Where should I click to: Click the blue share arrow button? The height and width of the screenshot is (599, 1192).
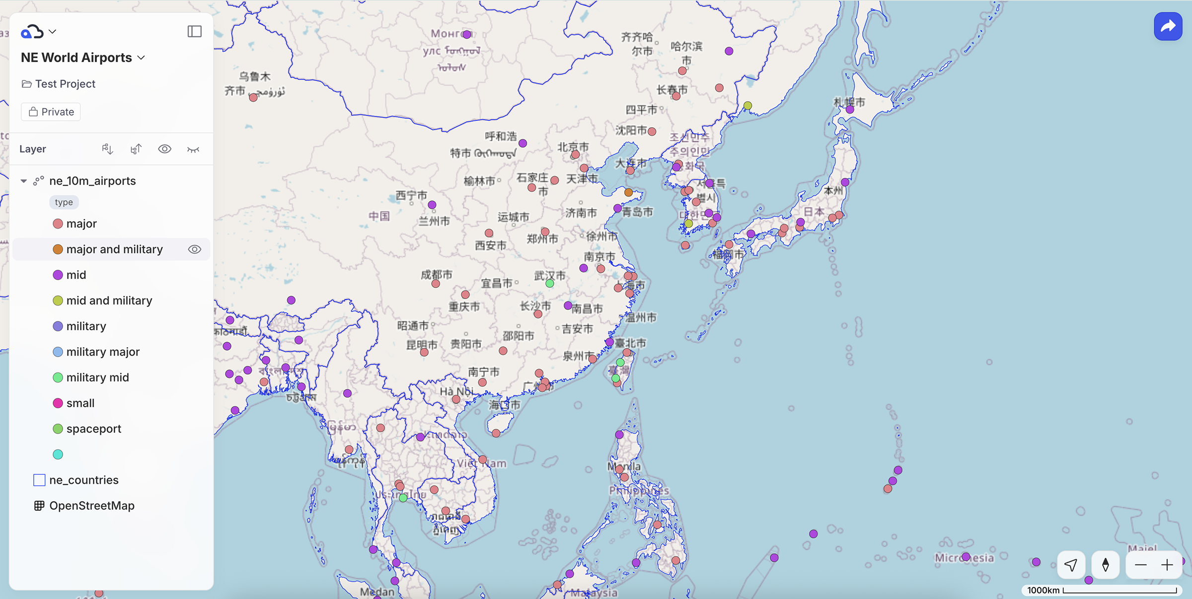(1168, 26)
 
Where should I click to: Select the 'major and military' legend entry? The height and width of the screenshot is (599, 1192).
(114, 249)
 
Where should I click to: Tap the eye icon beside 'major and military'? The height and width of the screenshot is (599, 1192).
(195, 249)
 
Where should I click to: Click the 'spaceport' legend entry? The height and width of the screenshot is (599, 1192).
(93, 429)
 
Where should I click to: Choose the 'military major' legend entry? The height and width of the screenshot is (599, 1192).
(103, 352)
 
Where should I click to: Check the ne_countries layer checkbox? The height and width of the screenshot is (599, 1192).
(39, 480)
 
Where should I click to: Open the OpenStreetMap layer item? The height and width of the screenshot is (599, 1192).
(92, 506)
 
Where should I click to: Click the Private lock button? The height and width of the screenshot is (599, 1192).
(51, 112)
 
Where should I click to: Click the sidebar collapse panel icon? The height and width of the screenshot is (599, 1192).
(194, 31)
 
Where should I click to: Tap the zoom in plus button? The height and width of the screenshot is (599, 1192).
(1167, 565)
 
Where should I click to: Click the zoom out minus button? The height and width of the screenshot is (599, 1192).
(1141, 565)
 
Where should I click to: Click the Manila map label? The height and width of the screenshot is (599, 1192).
(624, 466)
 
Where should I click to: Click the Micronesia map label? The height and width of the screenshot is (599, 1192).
(964, 558)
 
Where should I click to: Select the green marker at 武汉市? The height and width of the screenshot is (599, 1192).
(550, 283)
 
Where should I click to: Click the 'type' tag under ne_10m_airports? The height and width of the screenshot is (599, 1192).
(64, 202)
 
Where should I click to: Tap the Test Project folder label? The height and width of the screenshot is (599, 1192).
(65, 84)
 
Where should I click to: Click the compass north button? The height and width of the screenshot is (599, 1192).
(1106, 565)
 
